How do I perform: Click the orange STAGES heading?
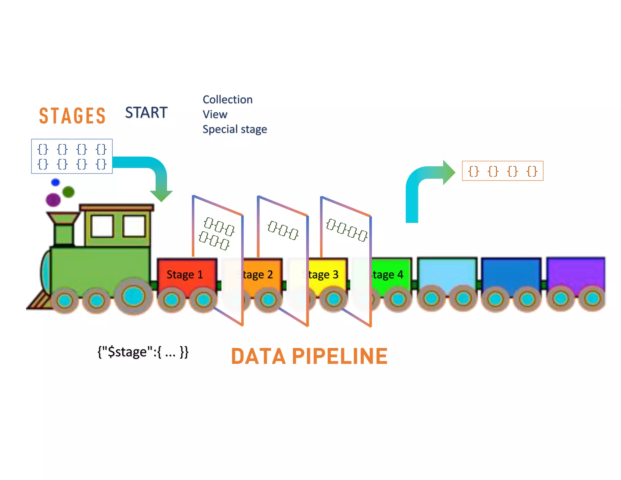[x=72, y=116]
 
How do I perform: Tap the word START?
[x=146, y=113]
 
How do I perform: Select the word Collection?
[x=227, y=100]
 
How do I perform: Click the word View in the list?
[x=215, y=114]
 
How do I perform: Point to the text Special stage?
[x=235, y=129]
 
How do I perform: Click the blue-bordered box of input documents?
[x=72, y=156]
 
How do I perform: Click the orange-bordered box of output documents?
[x=502, y=171]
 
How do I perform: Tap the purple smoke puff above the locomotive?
[x=53, y=200]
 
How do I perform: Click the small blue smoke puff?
[x=55, y=182]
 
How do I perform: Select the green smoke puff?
[x=69, y=192]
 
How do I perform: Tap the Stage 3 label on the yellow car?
[x=323, y=275]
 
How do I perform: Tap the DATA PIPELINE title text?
[x=309, y=356]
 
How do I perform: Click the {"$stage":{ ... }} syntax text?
[x=143, y=352]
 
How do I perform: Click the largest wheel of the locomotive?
[x=133, y=296]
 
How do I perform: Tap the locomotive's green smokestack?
[x=64, y=231]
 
